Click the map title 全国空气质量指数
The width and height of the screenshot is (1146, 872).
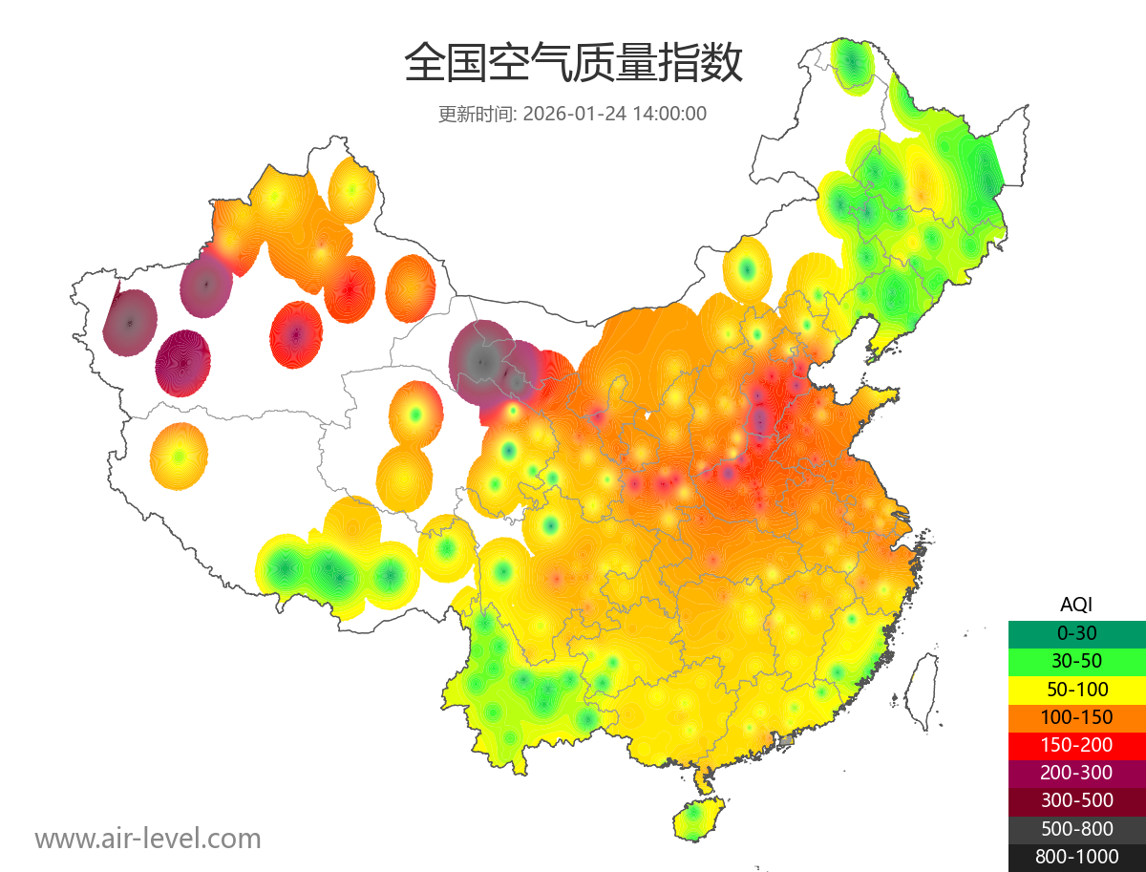(x=573, y=64)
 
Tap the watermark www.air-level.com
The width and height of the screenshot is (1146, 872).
(x=148, y=839)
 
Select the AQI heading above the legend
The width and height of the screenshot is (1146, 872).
(x=1076, y=605)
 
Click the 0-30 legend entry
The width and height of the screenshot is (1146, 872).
(x=1076, y=633)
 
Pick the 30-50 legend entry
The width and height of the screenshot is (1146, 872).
(x=1076, y=661)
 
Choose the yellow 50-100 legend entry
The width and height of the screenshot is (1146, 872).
(x=1076, y=689)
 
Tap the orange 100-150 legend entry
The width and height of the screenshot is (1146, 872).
(x=1076, y=717)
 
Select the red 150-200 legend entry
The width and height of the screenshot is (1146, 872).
(x=1076, y=745)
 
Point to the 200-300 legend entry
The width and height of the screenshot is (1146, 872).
(x=1076, y=773)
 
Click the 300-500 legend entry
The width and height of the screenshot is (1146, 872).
(x=1076, y=800)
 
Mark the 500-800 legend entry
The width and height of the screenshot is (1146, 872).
(x=1076, y=829)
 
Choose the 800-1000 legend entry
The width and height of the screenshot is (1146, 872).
(x=1076, y=857)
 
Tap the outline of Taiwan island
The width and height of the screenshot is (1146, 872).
(x=922, y=691)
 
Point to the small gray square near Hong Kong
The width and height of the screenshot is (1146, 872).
(x=787, y=740)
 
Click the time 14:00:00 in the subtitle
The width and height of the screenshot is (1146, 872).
(x=668, y=114)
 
